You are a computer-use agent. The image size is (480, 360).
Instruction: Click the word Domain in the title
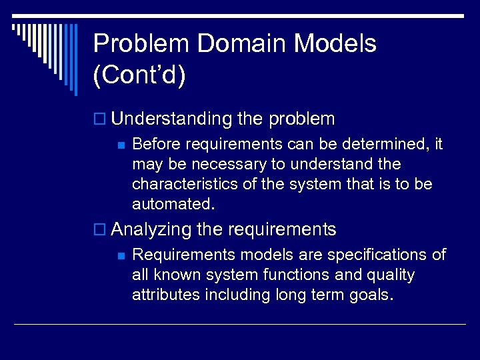click(242, 44)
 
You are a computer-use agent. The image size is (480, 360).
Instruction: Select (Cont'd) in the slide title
click(139, 75)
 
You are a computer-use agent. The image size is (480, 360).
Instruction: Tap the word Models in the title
click(335, 44)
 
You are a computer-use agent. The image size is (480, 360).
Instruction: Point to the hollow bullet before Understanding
click(101, 120)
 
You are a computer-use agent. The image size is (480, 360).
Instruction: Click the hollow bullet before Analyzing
click(101, 231)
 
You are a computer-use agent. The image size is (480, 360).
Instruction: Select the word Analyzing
click(152, 230)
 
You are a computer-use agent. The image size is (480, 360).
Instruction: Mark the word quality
click(391, 275)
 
